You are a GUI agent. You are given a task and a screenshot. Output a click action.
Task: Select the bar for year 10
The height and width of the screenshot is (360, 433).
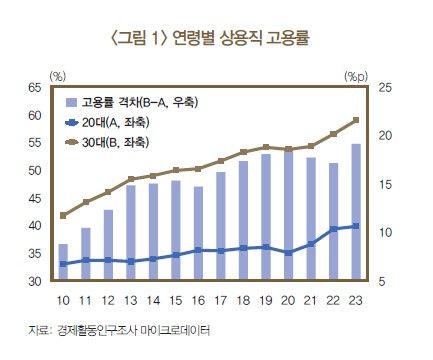(x=63, y=263)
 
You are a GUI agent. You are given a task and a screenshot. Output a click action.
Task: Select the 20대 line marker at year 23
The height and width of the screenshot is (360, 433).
(x=356, y=226)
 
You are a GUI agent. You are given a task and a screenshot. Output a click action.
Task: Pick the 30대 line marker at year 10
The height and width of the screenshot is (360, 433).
(x=63, y=215)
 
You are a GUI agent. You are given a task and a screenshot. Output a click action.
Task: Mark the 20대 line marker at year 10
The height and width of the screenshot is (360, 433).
(x=63, y=264)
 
